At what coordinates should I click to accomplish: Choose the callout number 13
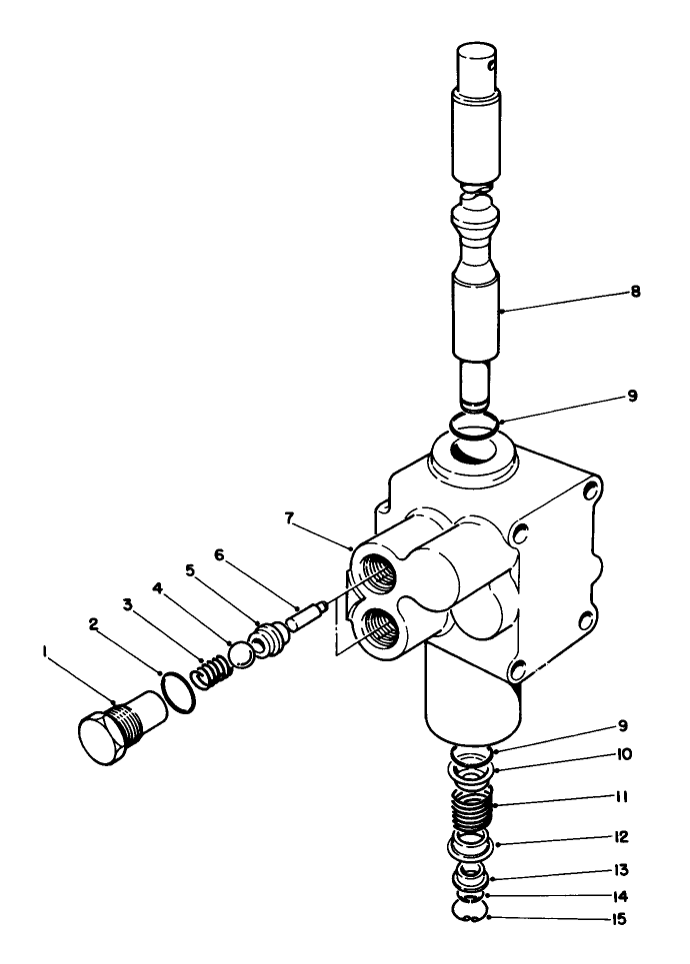pos(622,870)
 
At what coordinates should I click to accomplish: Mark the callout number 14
pos(622,895)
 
